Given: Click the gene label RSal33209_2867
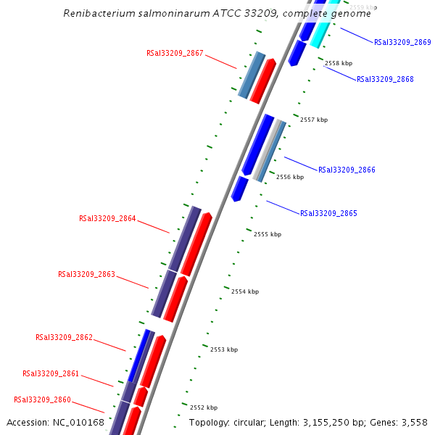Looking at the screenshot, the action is (175, 54).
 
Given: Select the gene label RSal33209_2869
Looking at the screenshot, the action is (402, 43).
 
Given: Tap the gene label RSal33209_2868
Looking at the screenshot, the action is (385, 79).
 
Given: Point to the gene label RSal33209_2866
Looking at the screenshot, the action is (347, 170).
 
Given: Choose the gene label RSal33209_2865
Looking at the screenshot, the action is (328, 213).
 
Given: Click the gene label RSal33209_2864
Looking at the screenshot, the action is (107, 218).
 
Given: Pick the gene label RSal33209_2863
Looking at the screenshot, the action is (86, 274).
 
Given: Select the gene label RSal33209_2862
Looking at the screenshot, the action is (64, 337).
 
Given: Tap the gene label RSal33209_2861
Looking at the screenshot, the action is (51, 374).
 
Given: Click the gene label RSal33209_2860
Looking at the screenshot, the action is (42, 399).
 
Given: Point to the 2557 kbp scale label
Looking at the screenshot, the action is (314, 120).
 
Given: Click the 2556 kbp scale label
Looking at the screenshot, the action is (290, 177).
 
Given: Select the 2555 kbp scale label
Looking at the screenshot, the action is (268, 234).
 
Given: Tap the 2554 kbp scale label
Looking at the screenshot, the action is (245, 291).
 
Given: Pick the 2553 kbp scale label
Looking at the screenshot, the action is (224, 349).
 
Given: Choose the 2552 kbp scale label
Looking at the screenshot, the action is (204, 407).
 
